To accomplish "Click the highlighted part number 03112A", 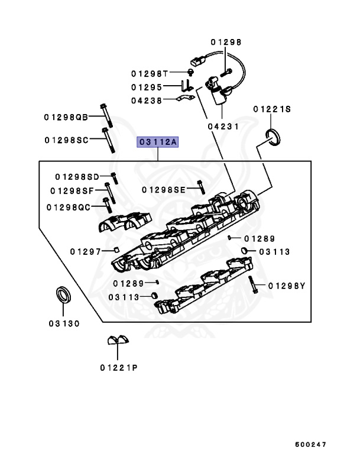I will [x=158, y=142].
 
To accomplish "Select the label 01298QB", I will [x=65, y=117].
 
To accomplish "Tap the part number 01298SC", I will [x=66, y=140].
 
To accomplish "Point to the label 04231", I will [x=223, y=126].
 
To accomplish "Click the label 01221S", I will [x=272, y=109].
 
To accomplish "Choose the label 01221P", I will [x=118, y=367].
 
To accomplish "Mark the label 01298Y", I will [x=286, y=286].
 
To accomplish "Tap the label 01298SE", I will [x=164, y=189].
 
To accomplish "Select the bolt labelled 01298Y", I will [x=252, y=285].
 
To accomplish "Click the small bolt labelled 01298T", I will [x=190, y=73].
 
